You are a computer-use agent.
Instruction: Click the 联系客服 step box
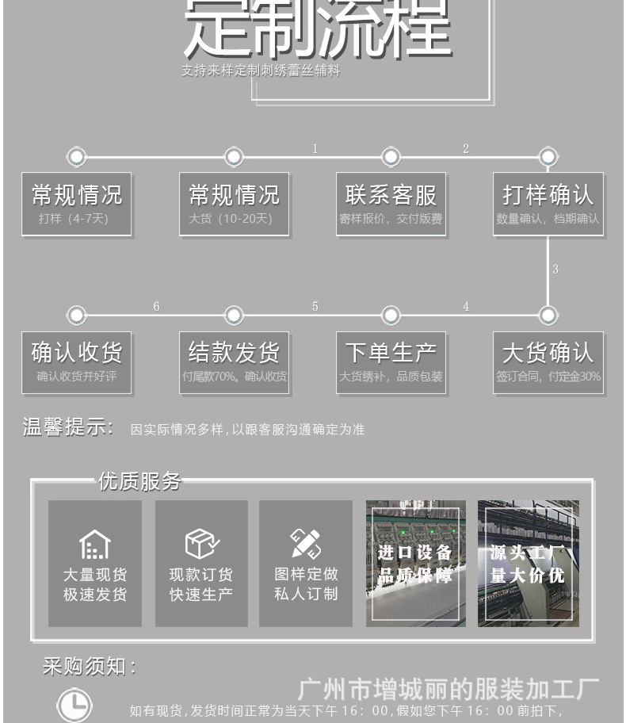click(x=391, y=204)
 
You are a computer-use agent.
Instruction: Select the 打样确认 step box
click(x=548, y=204)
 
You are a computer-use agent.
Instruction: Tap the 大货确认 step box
click(x=548, y=362)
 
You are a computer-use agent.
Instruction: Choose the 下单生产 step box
click(x=391, y=362)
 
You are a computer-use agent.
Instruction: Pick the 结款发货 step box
click(x=234, y=362)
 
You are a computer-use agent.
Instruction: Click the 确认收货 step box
click(x=76, y=362)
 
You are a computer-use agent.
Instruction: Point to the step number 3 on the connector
click(x=555, y=270)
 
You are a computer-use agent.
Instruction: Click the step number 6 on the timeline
click(x=156, y=307)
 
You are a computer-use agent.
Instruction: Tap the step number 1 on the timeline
click(x=315, y=149)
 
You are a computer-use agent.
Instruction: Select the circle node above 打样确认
click(x=548, y=157)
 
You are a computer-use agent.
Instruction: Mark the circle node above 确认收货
click(x=76, y=316)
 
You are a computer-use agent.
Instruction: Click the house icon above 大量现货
click(x=94, y=544)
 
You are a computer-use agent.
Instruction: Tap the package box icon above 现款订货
click(x=201, y=544)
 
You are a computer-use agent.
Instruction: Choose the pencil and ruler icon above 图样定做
click(x=305, y=544)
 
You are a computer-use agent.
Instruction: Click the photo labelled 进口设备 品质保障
click(x=415, y=563)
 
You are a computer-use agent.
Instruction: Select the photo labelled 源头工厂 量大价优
click(x=528, y=563)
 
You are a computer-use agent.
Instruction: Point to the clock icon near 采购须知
click(x=74, y=705)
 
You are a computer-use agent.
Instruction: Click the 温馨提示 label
click(x=68, y=428)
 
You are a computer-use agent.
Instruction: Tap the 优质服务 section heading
click(x=139, y=481)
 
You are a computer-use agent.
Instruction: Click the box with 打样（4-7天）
click(x=76, y=204)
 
